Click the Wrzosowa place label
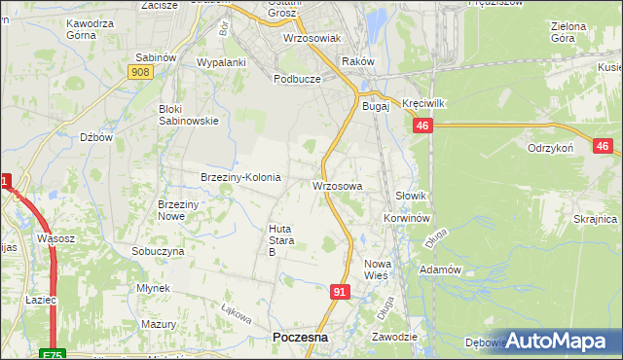(338, 185)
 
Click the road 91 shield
(339, 291)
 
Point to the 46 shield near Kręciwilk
(421, 126)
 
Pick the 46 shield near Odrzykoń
(602, 146)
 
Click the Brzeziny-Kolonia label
(240, 177)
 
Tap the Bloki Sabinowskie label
(189, 115)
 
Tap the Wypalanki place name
(221, 61)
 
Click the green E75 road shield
(54, 354)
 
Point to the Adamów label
(437, 269)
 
